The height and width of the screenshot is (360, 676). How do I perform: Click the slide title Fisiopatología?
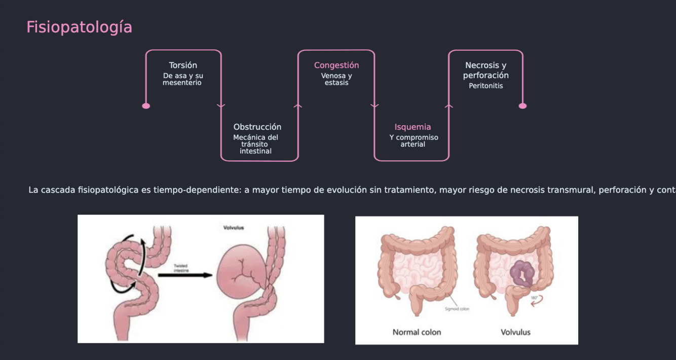click(79, 27)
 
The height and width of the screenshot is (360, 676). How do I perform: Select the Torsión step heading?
click(183, 65)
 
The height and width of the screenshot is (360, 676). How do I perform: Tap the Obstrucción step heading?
click(257, 127)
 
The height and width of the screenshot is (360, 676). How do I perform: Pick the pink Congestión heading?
click(336, 65)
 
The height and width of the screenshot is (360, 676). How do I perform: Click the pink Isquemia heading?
click(412, 127)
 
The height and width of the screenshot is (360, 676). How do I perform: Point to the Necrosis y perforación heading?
click(485, 70)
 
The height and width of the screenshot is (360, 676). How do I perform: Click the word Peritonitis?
click(485, 86)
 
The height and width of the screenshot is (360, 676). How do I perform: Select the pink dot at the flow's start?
click(146, 106)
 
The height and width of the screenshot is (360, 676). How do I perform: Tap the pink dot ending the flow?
click(522, 106)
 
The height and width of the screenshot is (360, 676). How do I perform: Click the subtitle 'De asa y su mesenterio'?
click(183, 80)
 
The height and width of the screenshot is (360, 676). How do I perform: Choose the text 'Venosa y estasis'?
click(336, 80)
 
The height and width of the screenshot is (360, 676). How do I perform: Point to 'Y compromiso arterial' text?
click(414, 141)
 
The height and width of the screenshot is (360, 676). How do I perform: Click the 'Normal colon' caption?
click(417, 333)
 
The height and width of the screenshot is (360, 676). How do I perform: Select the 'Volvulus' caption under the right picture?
click(515, 333)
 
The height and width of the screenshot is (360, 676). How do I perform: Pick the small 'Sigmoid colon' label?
click(457, 309)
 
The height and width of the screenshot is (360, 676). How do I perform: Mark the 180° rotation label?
click(535, 298)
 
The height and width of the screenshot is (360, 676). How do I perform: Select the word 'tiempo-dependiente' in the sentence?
click(196, 190)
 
